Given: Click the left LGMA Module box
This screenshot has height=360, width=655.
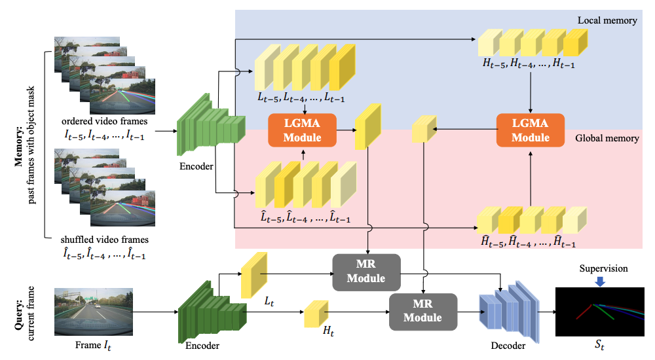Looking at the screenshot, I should (x=302, y=130).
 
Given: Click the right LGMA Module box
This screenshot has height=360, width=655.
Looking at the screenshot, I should (x=530, y=130).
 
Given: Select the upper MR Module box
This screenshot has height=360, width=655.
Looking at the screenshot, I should (x=367, y=271).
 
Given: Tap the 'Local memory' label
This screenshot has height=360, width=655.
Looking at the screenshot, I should (x=607, y=21).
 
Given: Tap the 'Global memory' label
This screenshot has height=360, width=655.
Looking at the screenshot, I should (x=606, y=139).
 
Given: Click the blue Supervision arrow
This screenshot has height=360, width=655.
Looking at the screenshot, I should (x=600, y=281).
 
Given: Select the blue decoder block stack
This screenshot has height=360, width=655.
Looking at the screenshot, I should (x=508, y=312).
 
